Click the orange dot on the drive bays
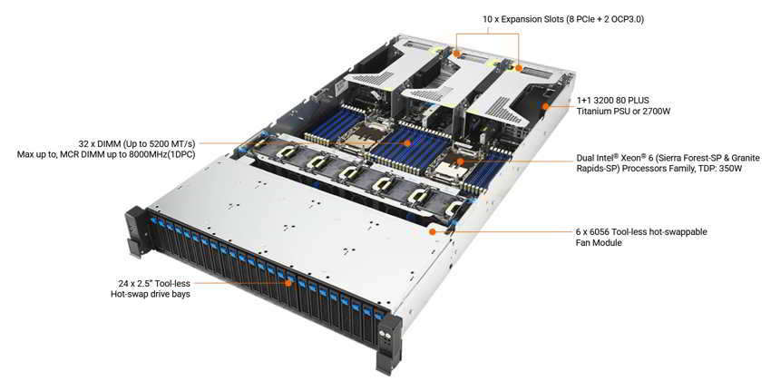289,283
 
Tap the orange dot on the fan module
432,231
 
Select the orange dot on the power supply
545,106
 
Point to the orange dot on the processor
461,161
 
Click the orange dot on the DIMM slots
407,143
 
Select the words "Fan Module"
598,243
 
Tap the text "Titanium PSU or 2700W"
623,112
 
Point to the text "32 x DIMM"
98,144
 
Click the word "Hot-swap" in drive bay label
127,294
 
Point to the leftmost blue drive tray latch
152,220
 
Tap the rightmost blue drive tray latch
378,315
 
